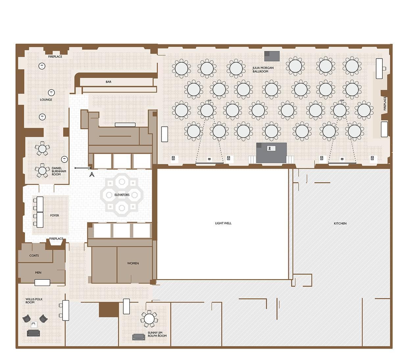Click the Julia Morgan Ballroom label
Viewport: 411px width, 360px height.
click(x=263, y=69)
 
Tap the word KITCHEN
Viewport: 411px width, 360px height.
click(x=340, y=223)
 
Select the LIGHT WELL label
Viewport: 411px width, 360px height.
click(x=223, y=223)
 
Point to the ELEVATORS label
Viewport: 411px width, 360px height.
click(x=122, y=195)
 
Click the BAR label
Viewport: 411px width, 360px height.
click(x=109, y=82)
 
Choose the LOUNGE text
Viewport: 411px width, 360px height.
click(x=46, y=100)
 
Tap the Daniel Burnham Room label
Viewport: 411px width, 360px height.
click(x=59, y=171)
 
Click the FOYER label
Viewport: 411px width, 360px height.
click(x=55, y=216)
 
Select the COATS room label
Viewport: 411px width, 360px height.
click(x=34, y=255)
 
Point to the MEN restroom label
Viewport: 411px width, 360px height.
click(x=38, y=272)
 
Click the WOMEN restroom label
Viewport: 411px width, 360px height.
click(x=133, y=263)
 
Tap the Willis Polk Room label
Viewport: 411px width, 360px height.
click(x=34, y=301)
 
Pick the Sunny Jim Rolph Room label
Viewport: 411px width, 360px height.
click(x=157, y=334)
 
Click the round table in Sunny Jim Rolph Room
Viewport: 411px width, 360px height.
click(x=149, y=319)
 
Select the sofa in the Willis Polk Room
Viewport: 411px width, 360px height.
click(x=33, y=333)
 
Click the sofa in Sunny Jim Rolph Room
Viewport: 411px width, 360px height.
click(x=138, y=337)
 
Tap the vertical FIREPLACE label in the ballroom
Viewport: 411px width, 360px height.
click(x=385, y=104)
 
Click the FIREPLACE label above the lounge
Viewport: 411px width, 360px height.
click(x=55, y=57)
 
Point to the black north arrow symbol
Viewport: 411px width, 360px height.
click(x=92, y=174)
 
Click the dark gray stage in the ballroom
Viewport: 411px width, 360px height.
click(x=271, y=153)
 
